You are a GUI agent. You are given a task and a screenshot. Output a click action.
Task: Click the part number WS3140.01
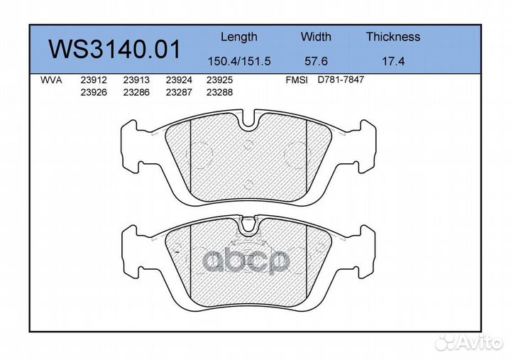click(x=114, y=49)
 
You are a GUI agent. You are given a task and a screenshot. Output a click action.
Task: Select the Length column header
click(x=239, y=37)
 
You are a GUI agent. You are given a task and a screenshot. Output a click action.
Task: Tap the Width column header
click(x=316, y=36)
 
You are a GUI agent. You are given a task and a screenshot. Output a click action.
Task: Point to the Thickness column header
click(x=393, y=36)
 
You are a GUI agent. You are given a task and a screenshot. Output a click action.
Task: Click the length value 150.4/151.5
click(x=239, y=61)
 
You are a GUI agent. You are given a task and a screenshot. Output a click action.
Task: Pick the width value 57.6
click(x=316, y=61)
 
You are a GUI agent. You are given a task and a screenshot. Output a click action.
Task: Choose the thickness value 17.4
click(x=393, y=61)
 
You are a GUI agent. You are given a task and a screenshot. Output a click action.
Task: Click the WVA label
click(x=51, y=80)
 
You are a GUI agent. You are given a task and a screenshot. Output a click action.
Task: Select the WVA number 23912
click(x=94, y=80)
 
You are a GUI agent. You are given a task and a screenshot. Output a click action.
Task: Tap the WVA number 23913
click(x=136, y=80)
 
